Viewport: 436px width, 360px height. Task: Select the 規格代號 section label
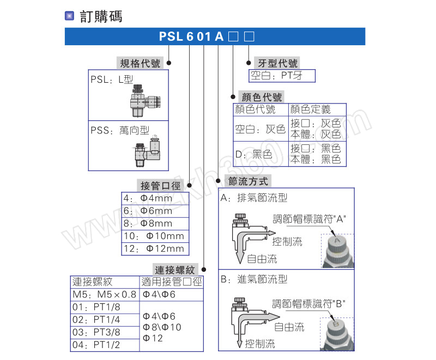pyautogui.click(x=140, y=63)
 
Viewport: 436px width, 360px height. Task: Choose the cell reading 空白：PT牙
pyautogui.click(x=281, y=76)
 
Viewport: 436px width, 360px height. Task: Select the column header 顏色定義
pyautogui.click(x=311, y=109)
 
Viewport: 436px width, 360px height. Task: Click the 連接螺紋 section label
pyautogui.click(x=174, y=270)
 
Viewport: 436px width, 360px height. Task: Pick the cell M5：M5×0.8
pyautogui.click(x=105, y=295)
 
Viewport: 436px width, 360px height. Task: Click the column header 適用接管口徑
pyautogui.click(x=172, y=282)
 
